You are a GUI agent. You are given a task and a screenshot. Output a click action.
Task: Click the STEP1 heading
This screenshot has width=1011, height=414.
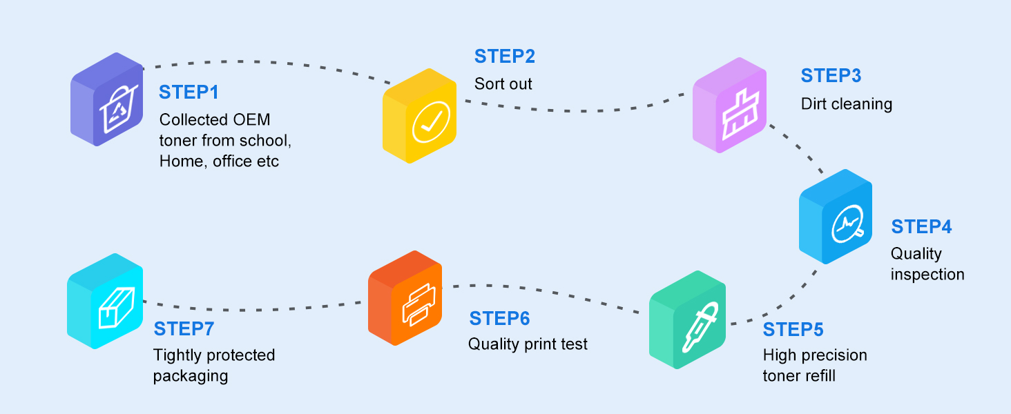click(x=189, y=92)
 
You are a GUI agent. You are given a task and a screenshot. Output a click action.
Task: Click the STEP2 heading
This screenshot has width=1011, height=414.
click(x=504, y=57)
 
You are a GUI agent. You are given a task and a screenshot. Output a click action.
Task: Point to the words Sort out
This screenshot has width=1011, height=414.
click(x=503, y=84)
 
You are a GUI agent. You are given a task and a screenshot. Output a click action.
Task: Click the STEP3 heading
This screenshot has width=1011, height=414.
click(x=831, y=76)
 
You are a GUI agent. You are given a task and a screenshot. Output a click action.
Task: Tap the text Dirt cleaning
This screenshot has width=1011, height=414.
click(x=846, y=104)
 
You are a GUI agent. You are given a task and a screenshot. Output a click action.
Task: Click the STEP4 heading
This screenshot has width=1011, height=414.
click(x=921, y=226)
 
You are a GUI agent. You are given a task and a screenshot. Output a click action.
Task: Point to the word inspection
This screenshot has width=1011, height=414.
click(x=927, y=274)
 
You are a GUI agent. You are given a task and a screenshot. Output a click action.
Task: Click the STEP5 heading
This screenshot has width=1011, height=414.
click(x=793, y=330)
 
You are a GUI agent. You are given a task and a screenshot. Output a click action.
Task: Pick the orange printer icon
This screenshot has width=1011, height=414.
click(x=405, y=298)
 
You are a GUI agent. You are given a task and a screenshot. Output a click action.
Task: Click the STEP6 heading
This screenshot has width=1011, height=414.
click(x=499, y=318)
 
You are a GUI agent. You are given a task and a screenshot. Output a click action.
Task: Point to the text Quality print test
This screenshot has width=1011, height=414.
click(x=528, y=344)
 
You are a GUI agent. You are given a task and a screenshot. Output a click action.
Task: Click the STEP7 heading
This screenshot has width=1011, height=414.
click(x=184, y=328)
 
